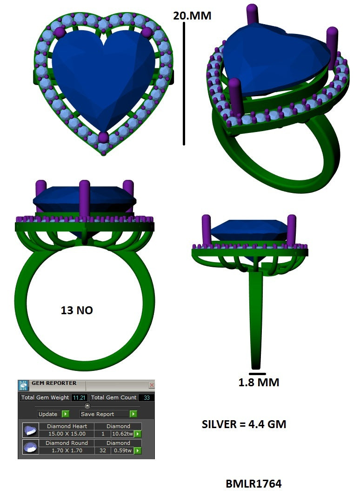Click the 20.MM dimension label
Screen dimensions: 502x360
(x=192, y=16)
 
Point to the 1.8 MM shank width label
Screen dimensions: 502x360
(x=259, y=383)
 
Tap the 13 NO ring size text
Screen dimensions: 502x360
(x=77, y=310)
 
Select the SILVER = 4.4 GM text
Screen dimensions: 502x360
(x=244, y=424)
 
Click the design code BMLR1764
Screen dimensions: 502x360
(x=253, y=484)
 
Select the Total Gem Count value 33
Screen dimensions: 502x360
(x=146, y=397)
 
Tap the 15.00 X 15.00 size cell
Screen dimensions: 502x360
(x=67, y=434)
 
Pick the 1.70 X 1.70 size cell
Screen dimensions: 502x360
(x=67, y=450)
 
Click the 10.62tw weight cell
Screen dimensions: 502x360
(x=122, y=434)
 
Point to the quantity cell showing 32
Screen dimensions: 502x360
(x=103, y=450)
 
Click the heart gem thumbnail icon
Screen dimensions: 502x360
(x=31, y=430)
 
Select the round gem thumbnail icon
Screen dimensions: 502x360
(x=31, y=447)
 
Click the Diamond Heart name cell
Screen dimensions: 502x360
(x=67, y=426)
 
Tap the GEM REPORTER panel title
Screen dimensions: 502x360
(x=54, y=383)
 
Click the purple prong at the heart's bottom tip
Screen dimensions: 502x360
(x=103, y=138)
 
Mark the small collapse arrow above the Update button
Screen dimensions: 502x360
(x=87, y=405)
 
